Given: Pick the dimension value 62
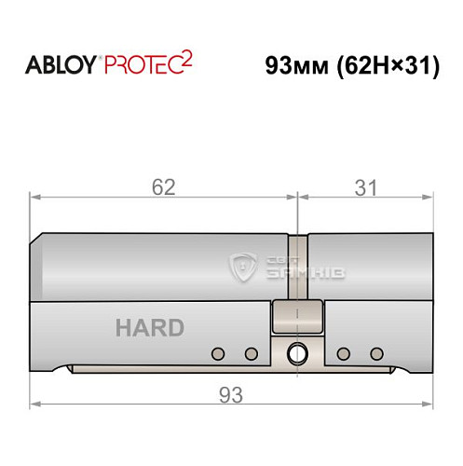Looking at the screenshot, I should pyautogui.click(x=164, y=186).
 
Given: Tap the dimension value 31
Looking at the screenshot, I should pyautogui.click(x=366, y=186).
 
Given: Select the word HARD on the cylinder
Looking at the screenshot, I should pyautogui.click(x=149, y=328).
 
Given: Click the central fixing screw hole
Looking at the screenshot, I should pyautogui.click(x=297, y=353).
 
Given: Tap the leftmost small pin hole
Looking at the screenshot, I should pyautogui.click(x=218, y=353).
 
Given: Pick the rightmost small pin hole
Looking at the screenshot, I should pyautogui.click(x=376, y=353).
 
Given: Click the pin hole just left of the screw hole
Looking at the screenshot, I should pyautogui.click(x=251, y=353).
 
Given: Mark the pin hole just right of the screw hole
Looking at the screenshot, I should pyautogui.click(x=344, y=353).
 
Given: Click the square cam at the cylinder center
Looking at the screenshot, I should pyautogui.click(x=297, y=318).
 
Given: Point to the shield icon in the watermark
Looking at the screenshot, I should pyautogui.click(x=244, y=268).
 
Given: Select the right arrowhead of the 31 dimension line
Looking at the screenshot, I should pyautogui.click(x=429, y=197).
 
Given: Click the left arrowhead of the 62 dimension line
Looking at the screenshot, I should pyautogui.click(x=35, y=197).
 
